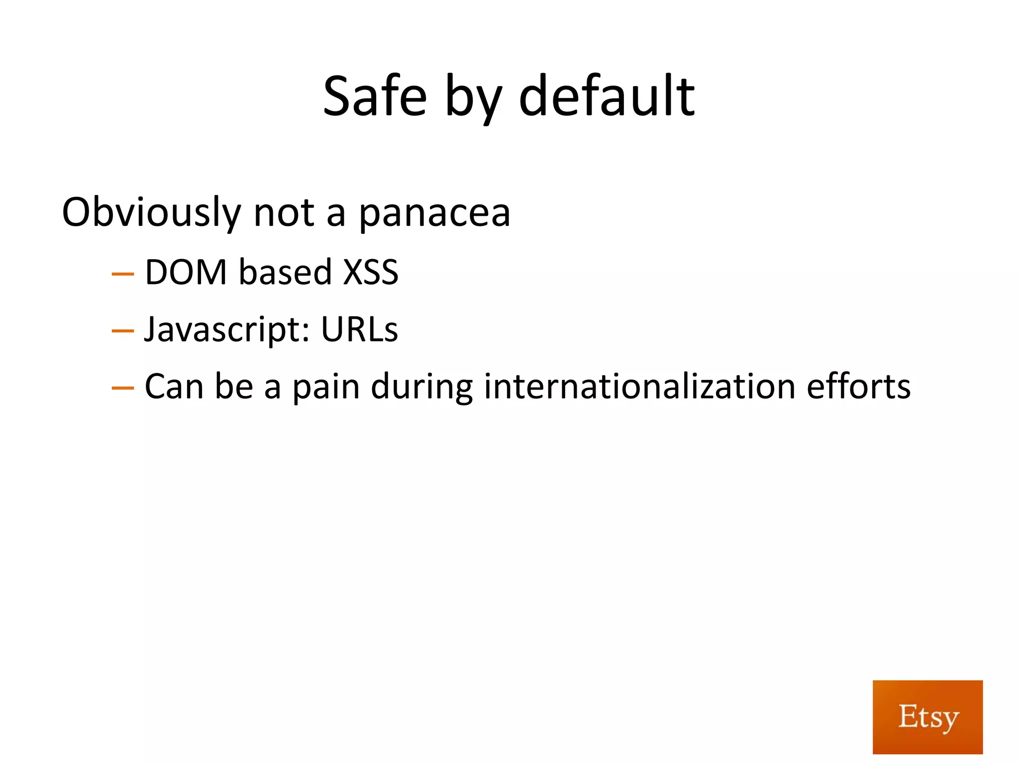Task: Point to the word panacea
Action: click(x=434, y=214)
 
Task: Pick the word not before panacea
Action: click(x=284, y=213)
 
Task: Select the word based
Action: click(x=285, y=272)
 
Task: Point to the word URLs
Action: click(x=359, y=329)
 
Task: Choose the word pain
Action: click(x=326, y=387)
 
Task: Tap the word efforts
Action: click(x=858, y=386)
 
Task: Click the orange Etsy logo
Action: click(x=927, y=717)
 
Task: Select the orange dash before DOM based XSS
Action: click(x=123, y=274)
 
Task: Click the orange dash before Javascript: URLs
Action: click(x=123, y=331)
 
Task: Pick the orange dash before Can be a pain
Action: click(x=123, y=387)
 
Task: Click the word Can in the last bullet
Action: click(x=174, y=386)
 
